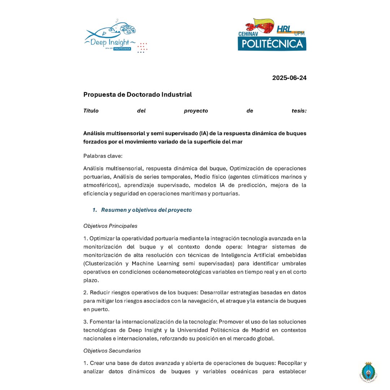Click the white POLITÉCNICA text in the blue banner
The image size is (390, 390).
click(x=272, y=44)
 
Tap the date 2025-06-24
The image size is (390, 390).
click(x=289, y=78)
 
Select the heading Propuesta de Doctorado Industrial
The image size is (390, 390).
click(x=138, y=95)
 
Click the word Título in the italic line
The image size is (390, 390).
click(x=91, y=111)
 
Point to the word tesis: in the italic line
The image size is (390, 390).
click(x=299, y=111)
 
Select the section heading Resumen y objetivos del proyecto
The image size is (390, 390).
click(x=146, y=210)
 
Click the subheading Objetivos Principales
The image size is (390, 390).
click(x=110, y=226)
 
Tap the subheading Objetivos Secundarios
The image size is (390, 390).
click(x=112, y=351)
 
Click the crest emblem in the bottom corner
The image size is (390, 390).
click(x=369, y=372)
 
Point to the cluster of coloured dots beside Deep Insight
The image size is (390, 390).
click(x=143, y=48)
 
